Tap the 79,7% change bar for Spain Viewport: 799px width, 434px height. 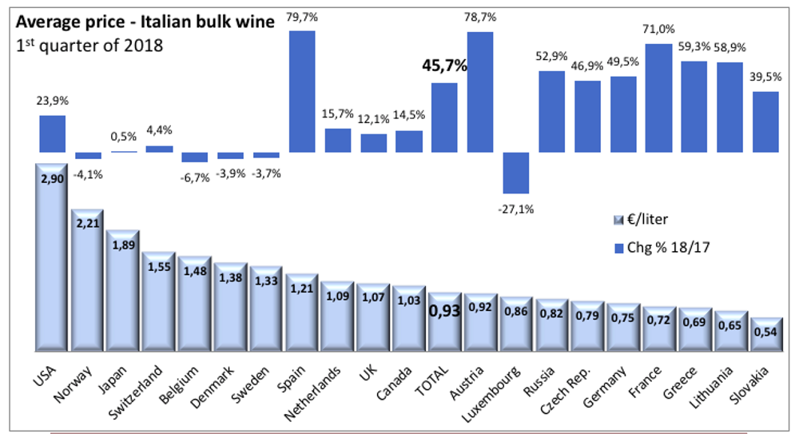(x=301, y=91)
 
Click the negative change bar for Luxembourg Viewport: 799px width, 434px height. (x=515, y=173)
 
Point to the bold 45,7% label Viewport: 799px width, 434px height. (x=444, y=66)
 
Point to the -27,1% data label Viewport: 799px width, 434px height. (x=516, y=209)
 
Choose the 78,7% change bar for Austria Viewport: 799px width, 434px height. (x=480, y=92)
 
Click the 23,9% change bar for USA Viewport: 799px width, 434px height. (x=53, y=133)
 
